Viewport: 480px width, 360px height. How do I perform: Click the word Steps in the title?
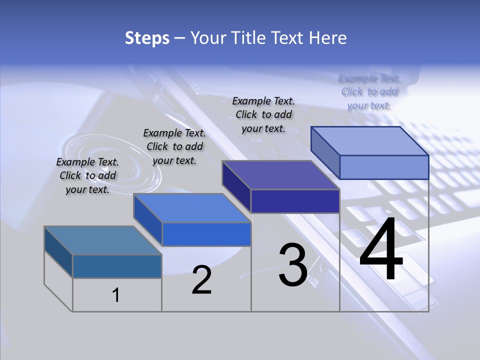tap(147, 38)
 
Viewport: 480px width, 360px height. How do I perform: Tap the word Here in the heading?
tap(327, 38)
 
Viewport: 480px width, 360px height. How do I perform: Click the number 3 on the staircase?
tap(293, 264)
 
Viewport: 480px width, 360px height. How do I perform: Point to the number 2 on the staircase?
tap(201, 280)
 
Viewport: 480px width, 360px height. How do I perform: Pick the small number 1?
tap(116, 295)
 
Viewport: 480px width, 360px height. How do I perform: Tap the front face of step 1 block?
tap(117, 266)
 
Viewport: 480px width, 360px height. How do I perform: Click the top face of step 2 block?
tap(192, 207)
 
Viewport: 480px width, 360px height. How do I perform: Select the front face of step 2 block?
tap(206, 234)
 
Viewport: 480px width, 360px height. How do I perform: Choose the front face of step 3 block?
tap(295, 201)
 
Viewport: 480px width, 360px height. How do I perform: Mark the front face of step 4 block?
tap(384, 167)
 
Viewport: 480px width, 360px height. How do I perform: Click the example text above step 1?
tap(87, 175)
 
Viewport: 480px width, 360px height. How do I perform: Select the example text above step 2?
tap(174, 146)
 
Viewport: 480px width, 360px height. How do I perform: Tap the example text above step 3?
tap(263, 114)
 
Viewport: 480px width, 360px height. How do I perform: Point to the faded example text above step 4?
tap(369, 91)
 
